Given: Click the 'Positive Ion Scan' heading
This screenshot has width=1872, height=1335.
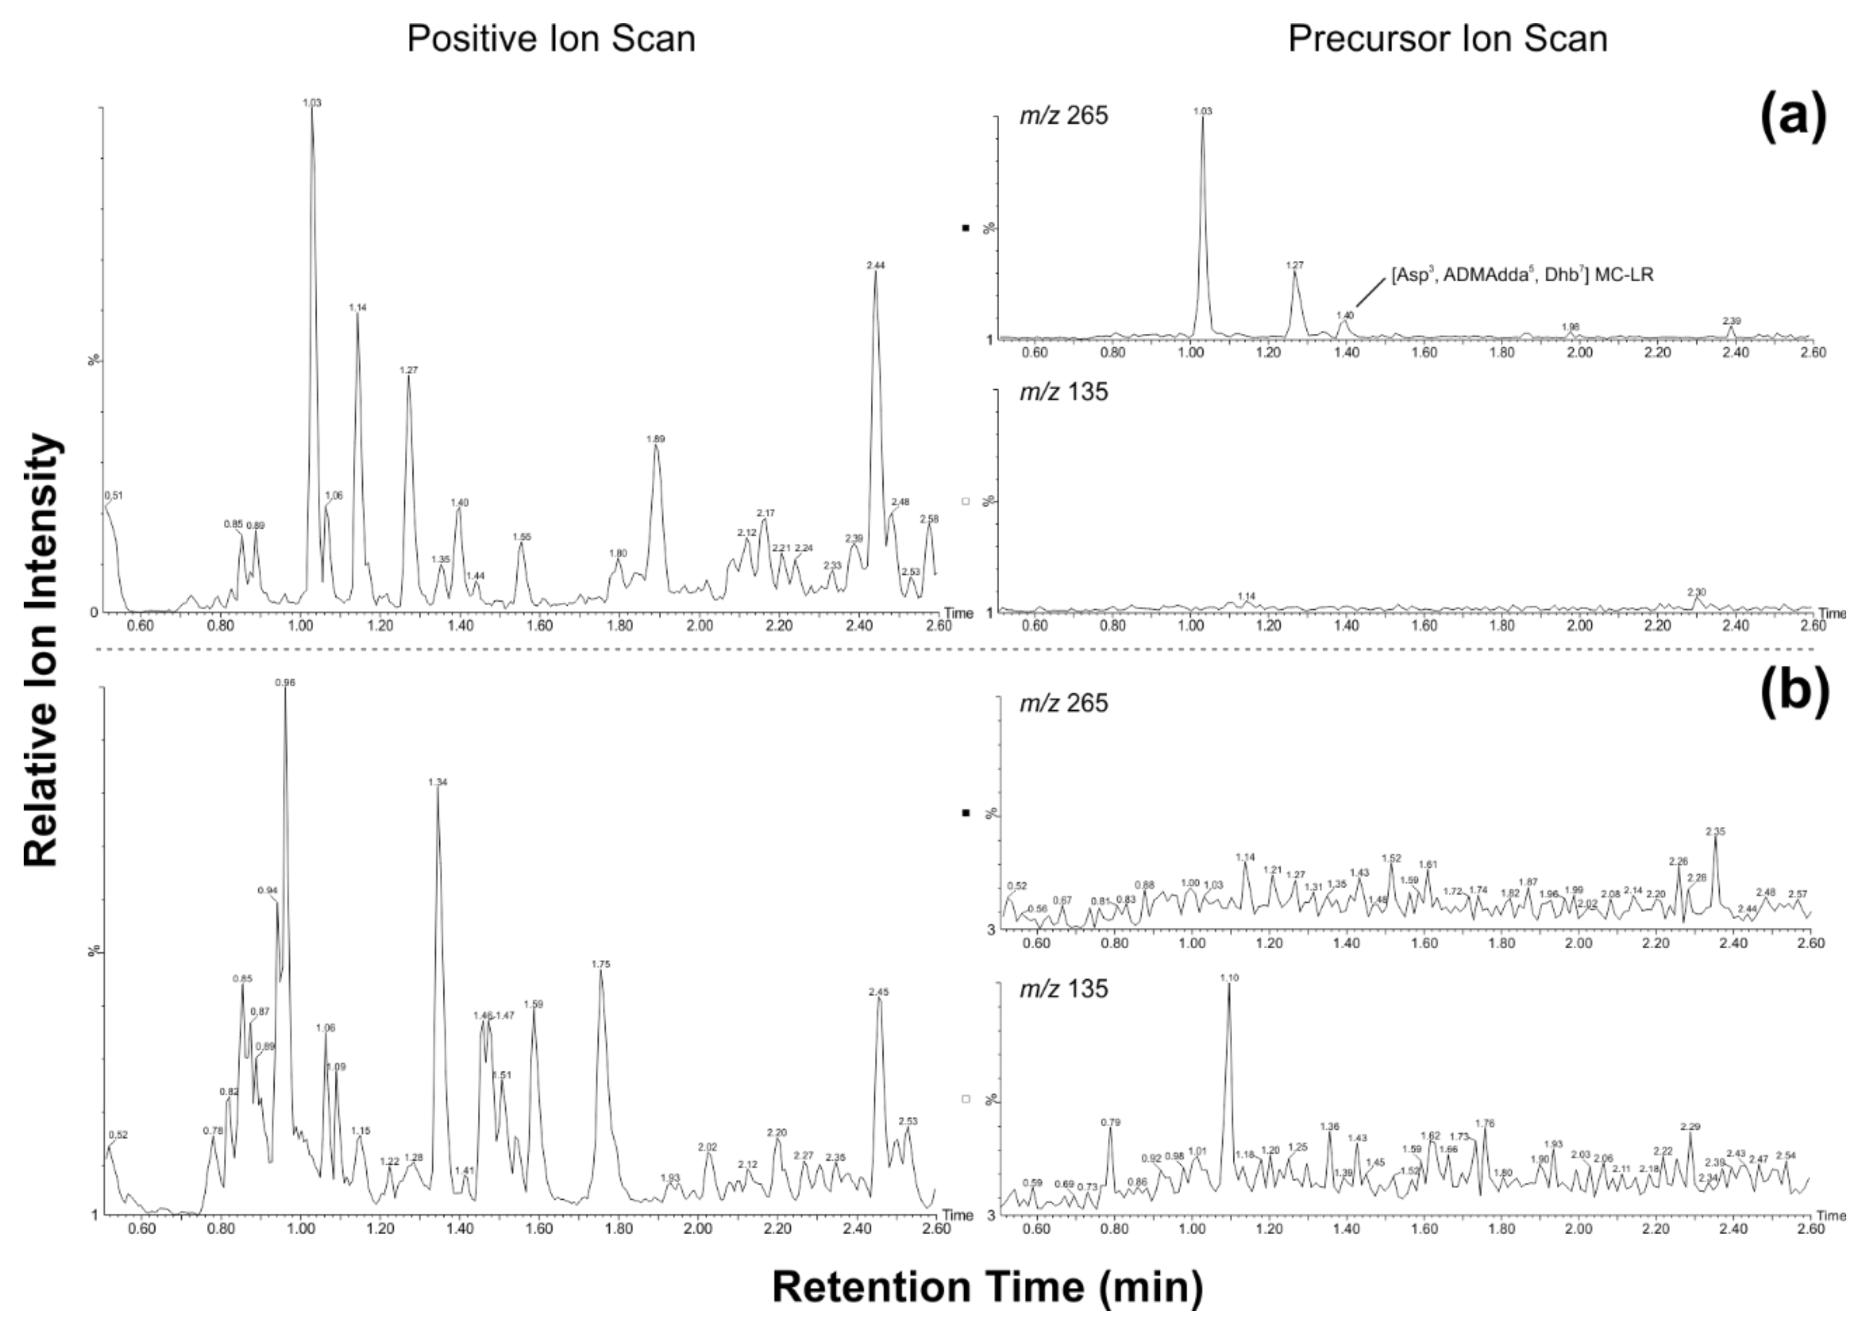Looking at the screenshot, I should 551,39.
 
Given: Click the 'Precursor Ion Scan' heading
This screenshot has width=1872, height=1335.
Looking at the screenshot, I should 1447,39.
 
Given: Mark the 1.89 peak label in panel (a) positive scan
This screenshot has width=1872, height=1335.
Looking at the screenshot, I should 655,439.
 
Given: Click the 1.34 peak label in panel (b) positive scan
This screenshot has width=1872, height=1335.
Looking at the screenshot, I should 437,783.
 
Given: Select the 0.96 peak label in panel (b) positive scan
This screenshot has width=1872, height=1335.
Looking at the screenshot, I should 284,682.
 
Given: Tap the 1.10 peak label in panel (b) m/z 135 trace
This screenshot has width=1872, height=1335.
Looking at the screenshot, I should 1229,978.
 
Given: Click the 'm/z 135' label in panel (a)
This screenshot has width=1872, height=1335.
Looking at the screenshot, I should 1064,392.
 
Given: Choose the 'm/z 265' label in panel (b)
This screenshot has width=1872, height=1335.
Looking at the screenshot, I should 1064,703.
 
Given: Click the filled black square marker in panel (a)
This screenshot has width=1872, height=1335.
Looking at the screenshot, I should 966,228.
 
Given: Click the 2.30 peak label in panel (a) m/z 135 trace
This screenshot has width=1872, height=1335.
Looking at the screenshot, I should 1696,592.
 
